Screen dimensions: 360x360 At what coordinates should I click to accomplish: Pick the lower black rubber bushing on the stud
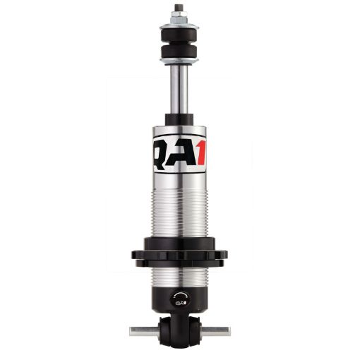coord(179,53)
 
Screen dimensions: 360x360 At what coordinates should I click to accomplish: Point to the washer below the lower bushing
coord(179,61)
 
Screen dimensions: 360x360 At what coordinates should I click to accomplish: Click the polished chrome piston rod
coord(179,88)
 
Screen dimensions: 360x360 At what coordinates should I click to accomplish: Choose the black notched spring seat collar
coord(179,255)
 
